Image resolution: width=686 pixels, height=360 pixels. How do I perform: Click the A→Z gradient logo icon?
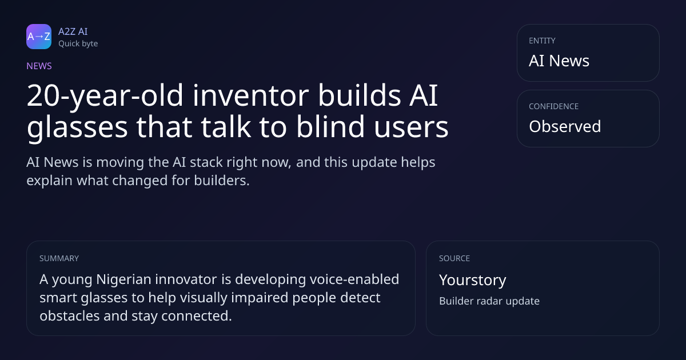click(x=39, y=37)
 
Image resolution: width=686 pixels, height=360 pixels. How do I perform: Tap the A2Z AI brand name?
click(x=73, y=31)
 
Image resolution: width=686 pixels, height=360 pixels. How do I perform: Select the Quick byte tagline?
click(x=78, y=44)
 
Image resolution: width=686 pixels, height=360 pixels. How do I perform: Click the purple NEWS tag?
click(x=39, y=66)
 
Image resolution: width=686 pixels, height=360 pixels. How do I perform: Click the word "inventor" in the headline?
click(x=250, y=96)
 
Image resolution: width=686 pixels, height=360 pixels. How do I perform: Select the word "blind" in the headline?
click(x=330, y=126)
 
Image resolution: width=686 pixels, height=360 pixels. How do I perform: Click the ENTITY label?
click(x=542, y=41)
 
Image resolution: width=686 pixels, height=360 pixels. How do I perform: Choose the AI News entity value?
click(x=559, y=61)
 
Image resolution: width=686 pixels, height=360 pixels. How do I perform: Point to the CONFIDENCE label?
click(x=554, y=106)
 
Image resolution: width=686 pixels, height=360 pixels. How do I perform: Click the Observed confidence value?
click(x=565, y=126)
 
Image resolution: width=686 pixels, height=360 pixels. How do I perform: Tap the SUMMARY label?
click(x=59, y=258)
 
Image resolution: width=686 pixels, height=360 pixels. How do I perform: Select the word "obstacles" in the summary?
click(x=70, y=315)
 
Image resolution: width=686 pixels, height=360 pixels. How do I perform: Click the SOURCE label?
click(x=454, y=258)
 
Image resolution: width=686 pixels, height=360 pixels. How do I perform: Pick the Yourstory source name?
click(x=473, y=280)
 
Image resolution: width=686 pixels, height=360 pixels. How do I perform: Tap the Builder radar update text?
click(x=489, y=301)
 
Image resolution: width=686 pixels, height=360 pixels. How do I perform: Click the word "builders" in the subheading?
click(x=222, y=181)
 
